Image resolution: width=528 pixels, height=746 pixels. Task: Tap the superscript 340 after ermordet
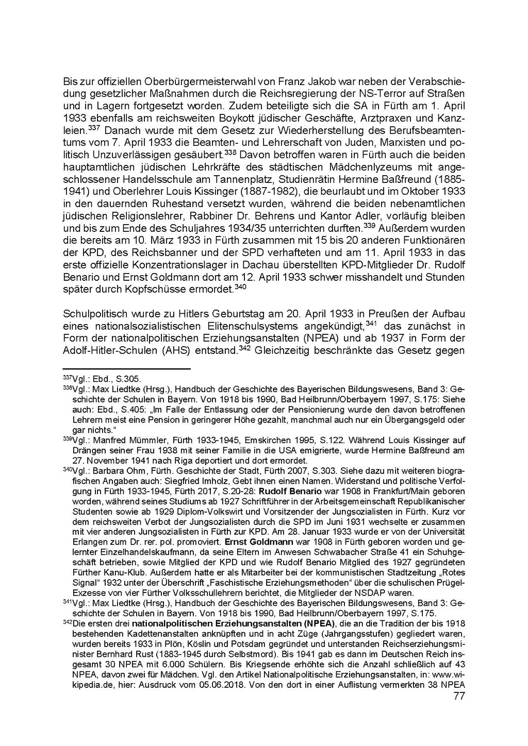coord(240,287)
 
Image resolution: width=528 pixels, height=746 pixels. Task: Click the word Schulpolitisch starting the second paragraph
coord(96,314)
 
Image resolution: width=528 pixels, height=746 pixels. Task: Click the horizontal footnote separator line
coord(126,369)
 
